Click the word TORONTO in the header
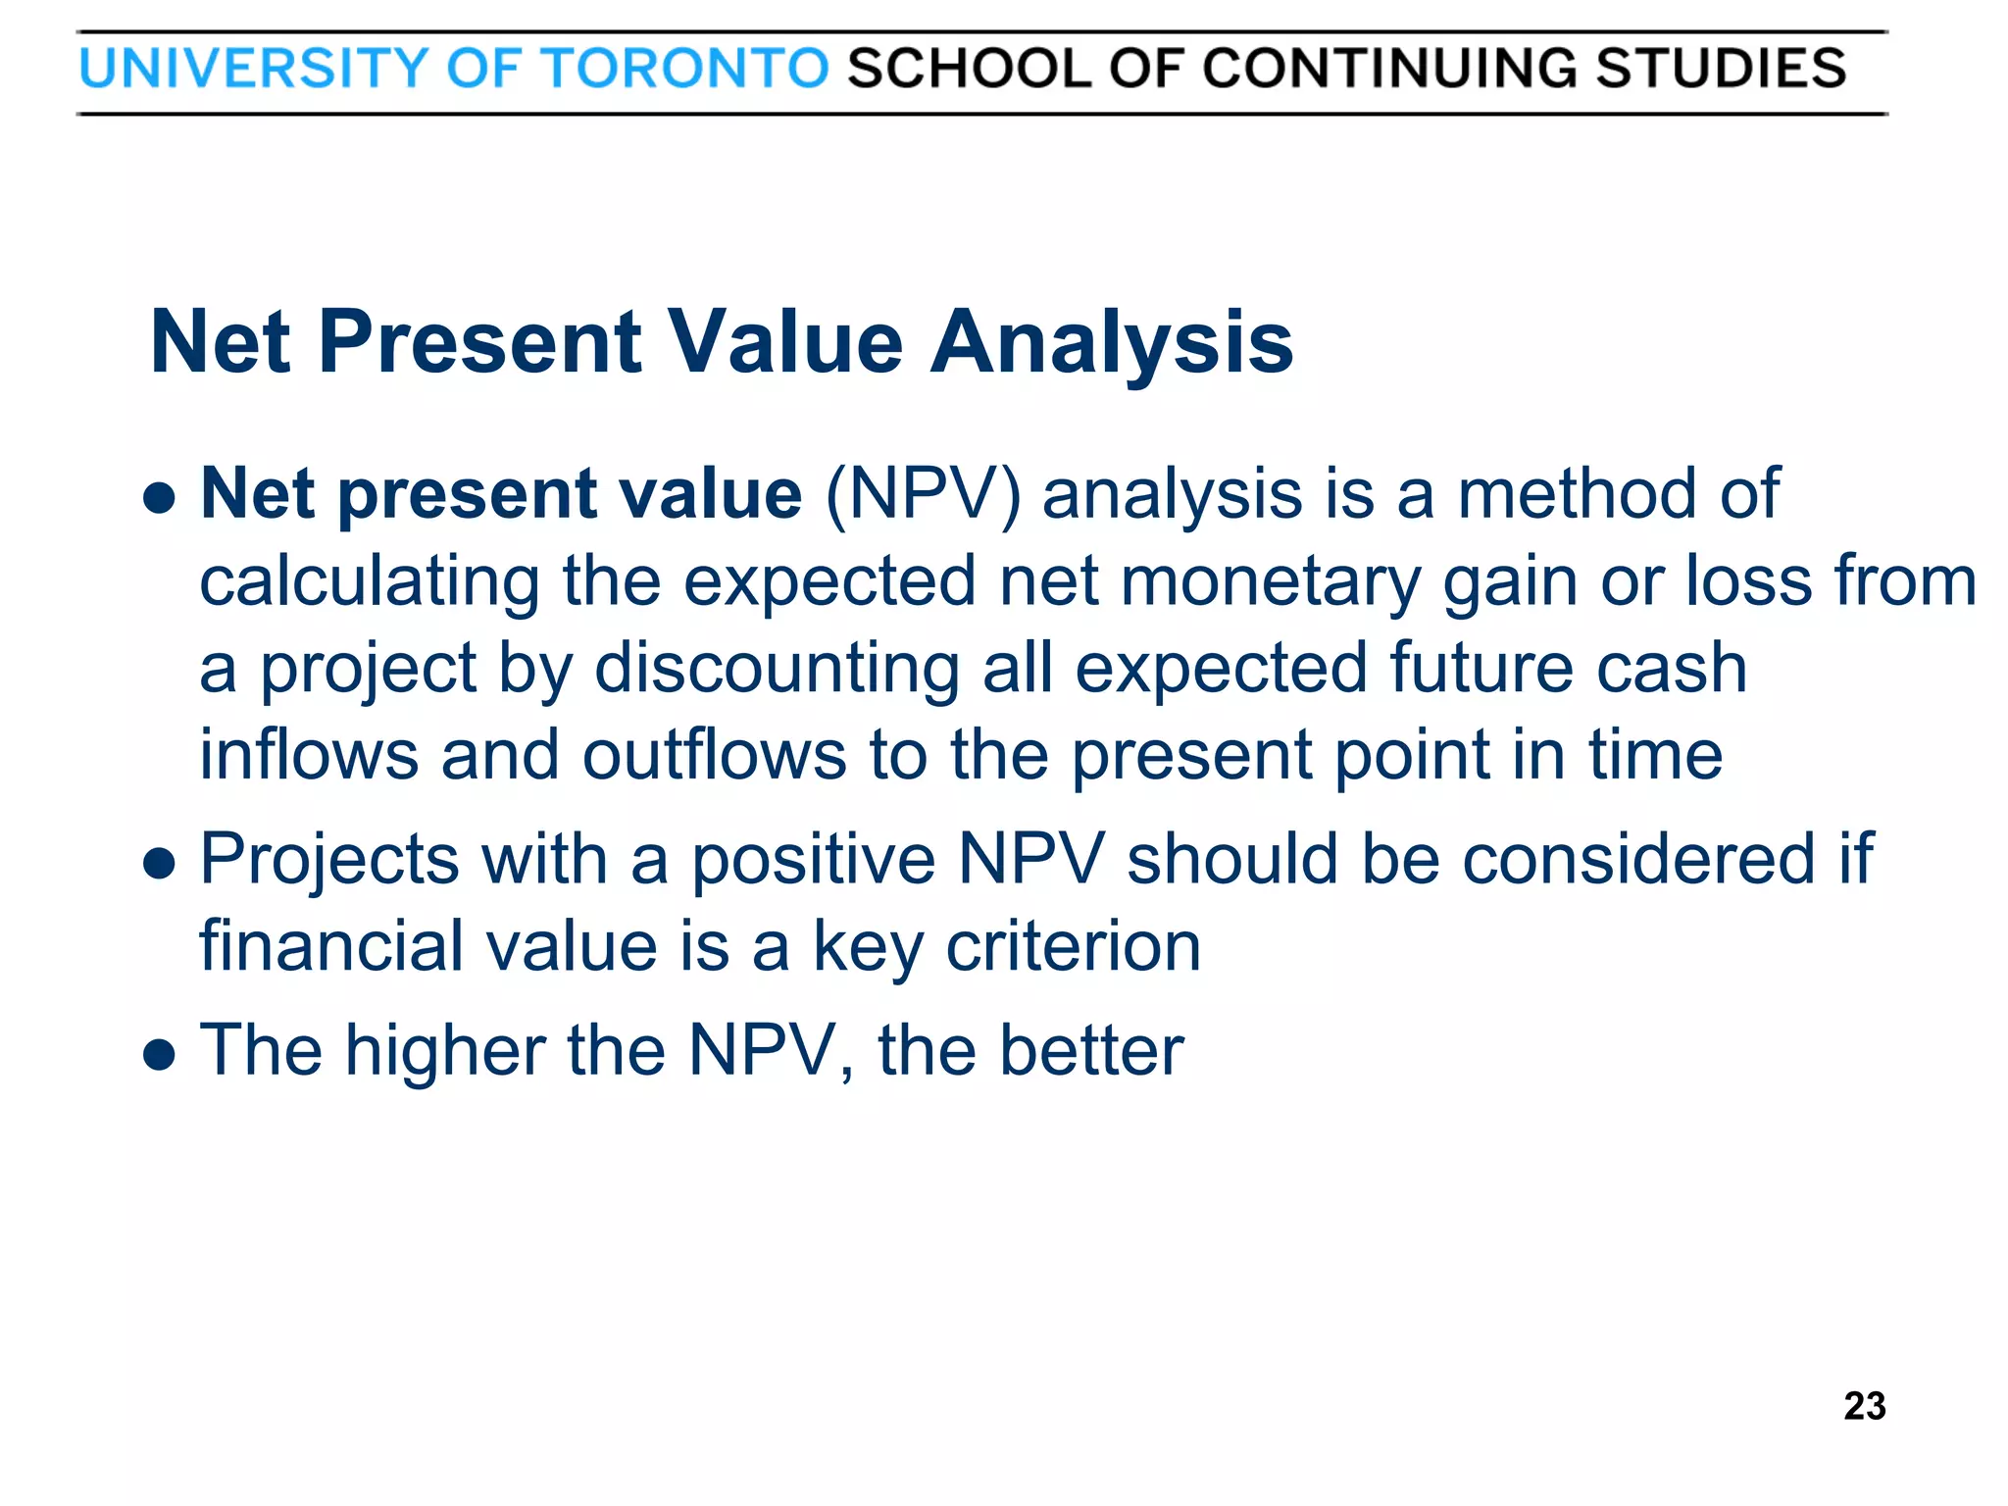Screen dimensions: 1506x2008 (x=685, y=70)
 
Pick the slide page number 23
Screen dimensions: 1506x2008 (x=1864, y=1406)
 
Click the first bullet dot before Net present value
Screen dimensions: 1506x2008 (x=159, y=497)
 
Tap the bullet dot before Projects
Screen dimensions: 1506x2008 (x=159, y=864)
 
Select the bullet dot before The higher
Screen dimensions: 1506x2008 (x=159, y=1055)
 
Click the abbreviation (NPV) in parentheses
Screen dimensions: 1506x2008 (x=923, y=494)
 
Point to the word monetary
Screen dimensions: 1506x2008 (x=1270, y=582)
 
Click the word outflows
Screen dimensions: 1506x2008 (x=715, y=756)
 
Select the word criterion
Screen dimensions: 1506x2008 (x=1073, y=947)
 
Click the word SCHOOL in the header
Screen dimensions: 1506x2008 (x=969, y=70)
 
